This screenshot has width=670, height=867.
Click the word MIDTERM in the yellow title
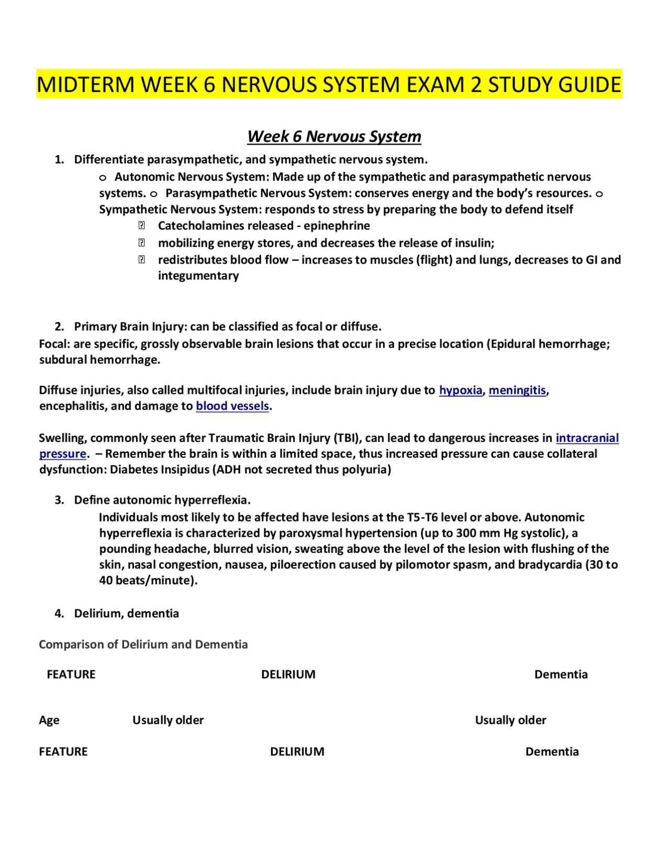(x=85, y=84)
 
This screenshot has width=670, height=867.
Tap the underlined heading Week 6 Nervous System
(x=334, y=136)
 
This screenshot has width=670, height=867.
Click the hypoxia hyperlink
(x=460, y=390)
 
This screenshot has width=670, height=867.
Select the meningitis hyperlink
(x=517, y=390)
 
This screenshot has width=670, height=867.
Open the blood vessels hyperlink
(x=232, y=406)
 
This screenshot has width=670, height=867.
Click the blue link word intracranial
(x=587, y=438)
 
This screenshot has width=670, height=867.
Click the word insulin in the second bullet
(x=475, y=243)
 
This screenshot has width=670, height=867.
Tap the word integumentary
(x=198, y=275)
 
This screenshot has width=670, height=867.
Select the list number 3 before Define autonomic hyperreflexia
(x=59, y=500)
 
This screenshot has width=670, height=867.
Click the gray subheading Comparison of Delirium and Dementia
(x=143, y=644)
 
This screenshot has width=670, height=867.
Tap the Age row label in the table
(x=49, y=720)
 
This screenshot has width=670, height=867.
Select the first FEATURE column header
(x=71, y=674)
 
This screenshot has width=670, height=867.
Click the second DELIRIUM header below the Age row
(x=297, y=751)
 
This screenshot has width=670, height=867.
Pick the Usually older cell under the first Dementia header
(x=510, y=720)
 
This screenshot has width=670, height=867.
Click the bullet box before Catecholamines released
(x=141, y=226)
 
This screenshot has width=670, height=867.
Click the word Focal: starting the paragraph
(x=54, y=344)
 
